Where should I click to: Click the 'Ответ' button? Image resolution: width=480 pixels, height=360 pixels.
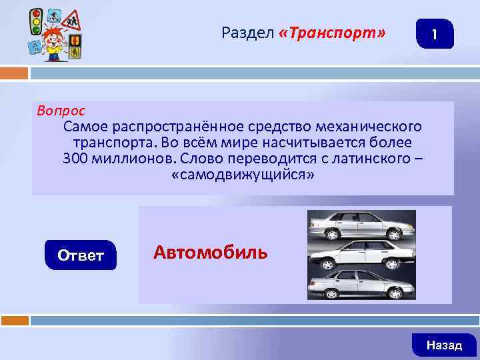tap(81, 255)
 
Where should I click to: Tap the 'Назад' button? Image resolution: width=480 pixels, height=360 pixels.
tap(444, 345)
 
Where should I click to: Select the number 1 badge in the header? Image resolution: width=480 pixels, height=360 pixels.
tap(435, 34)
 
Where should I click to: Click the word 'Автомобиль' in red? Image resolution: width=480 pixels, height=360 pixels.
tap(211, 252)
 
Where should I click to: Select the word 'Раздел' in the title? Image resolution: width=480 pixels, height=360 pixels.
tap(247, 33)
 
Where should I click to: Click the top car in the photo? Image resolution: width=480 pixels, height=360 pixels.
tap(361, 225)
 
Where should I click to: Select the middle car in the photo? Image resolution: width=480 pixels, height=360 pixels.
tap(361, 255)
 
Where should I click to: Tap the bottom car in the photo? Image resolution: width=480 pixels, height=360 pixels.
tap(361, 284)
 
